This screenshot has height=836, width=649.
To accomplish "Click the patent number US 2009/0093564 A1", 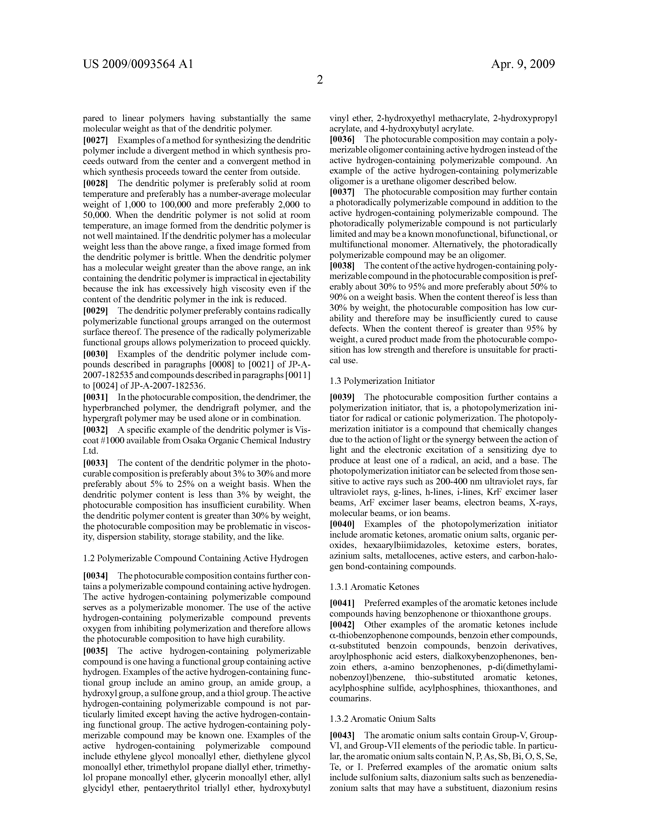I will pyautogui.click(x=138, y=64).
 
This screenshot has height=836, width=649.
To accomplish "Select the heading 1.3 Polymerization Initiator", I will pyautogui.click(x=382, y=381).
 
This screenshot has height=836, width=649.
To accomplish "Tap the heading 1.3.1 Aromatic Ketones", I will pyautogui.click(x=374, y=587).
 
